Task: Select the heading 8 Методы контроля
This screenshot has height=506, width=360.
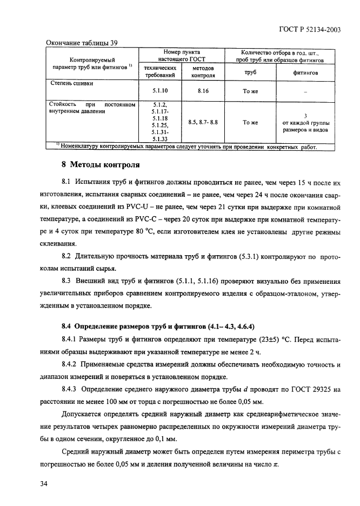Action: (99, 165)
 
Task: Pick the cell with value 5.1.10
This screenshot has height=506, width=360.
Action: (159, 91)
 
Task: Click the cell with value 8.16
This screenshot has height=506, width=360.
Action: (203, 91)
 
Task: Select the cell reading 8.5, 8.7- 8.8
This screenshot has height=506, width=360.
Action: (203, 123)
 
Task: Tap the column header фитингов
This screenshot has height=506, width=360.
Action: (305, 72)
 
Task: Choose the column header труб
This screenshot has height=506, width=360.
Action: (250, 72)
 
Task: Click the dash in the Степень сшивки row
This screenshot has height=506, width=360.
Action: (305, 92)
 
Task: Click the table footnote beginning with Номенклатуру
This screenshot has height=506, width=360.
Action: (186, 147)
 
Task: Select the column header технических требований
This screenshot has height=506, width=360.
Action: (159, 72)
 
